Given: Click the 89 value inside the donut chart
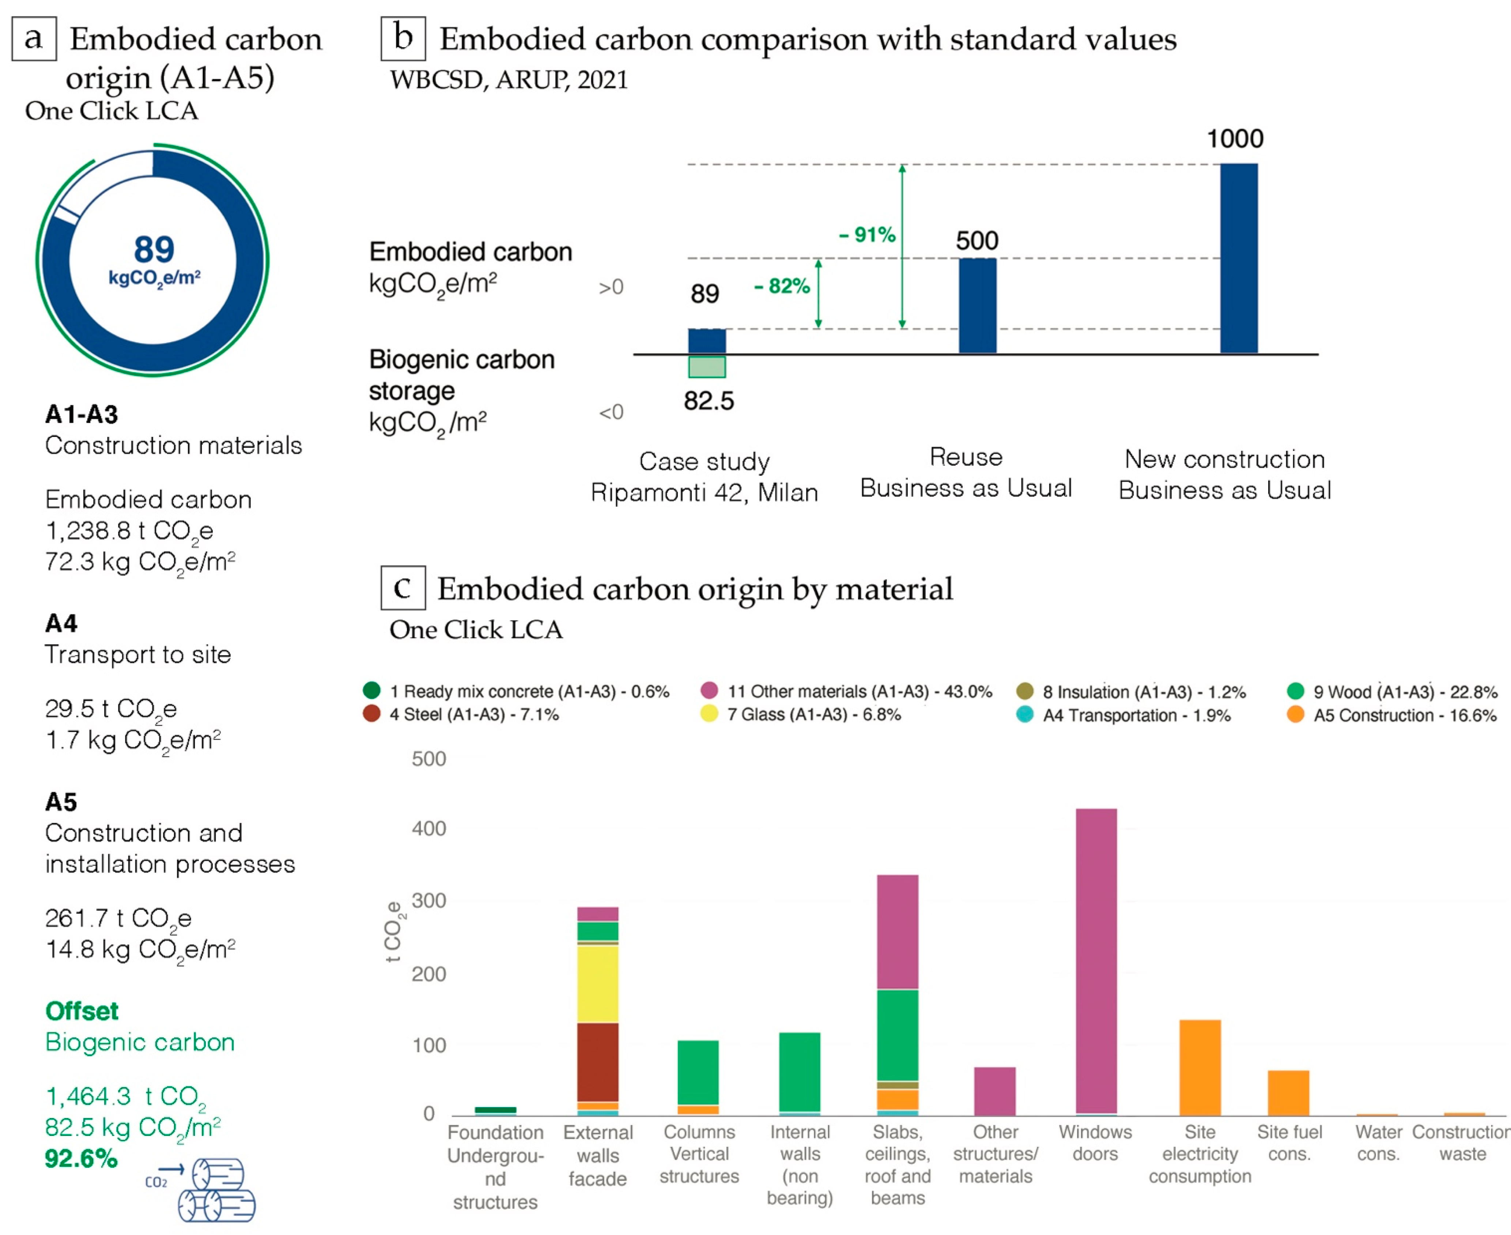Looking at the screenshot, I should pos(154,250).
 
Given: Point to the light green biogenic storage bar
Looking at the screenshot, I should pos(706,366).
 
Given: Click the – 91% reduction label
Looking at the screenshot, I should pos(866,235).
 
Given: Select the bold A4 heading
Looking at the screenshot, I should pos(61,623).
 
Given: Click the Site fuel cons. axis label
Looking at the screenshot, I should pos(1289,1143).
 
